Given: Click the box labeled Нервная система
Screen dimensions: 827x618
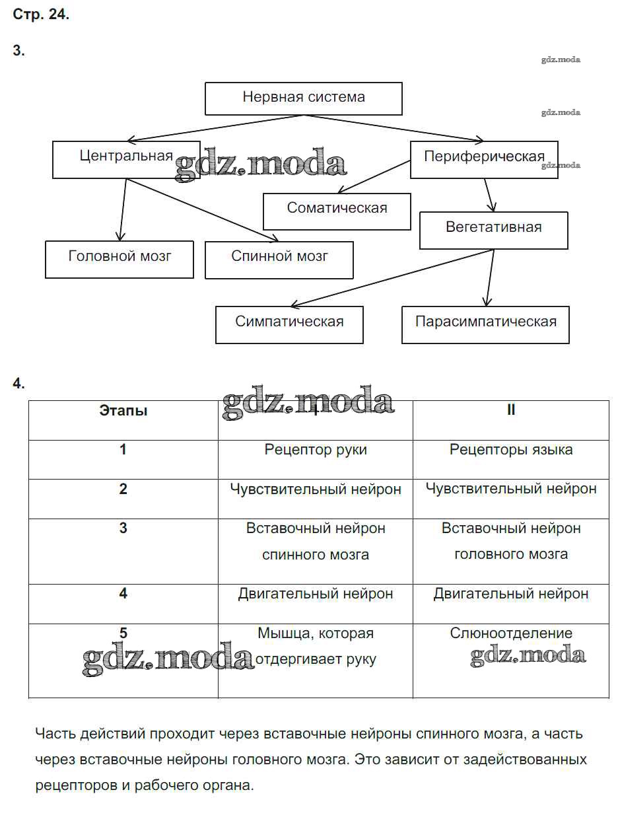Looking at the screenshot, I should pos(303,98).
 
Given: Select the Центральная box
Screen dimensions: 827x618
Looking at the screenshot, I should pos(126,159).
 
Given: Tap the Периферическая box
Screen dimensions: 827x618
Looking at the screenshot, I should pos(484,159).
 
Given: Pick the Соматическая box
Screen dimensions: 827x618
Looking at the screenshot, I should pos(337,210).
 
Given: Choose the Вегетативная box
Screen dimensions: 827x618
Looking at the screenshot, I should pos(493,229).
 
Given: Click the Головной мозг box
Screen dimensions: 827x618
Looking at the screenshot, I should pos(120,258).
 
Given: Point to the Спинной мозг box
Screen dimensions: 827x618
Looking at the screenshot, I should pos(279,258).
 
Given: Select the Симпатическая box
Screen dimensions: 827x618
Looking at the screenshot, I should pos(289,324).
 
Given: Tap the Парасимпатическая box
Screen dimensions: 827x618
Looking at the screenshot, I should pos(485,324).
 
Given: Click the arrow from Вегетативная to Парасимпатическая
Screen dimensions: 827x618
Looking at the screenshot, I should pos(490,277).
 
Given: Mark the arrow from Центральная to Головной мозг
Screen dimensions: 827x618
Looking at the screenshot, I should pos(122,209).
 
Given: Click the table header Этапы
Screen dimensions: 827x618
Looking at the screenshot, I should pos(123,411).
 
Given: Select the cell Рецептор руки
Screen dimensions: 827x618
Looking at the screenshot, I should pos(316,450).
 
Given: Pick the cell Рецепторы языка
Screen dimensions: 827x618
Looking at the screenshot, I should pos(511,450).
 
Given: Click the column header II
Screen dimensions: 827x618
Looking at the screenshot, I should pos(511,411).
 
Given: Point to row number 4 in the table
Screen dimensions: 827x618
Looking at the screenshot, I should pos(123,594).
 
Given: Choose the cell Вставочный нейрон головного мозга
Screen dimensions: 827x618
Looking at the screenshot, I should pos(511,542).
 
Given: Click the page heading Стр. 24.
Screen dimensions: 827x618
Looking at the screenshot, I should pos(41,15).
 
